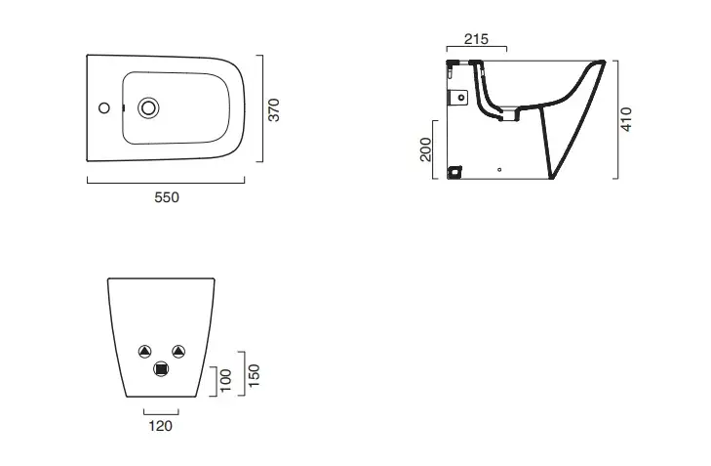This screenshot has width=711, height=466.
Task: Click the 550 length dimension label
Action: point(167,197)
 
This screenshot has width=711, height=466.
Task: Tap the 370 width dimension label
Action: point(274,107)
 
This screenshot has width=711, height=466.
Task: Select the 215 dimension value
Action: point(476,38)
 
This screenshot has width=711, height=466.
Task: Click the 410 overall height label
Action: point(626,119)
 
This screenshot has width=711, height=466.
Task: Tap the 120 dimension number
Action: point(160,425)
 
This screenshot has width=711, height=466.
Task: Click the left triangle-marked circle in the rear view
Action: point(144,351)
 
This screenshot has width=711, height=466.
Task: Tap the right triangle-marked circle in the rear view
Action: point(178,351)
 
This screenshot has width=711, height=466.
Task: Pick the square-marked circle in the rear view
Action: point(161,369)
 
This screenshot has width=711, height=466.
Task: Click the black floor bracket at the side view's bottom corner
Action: point(454,173)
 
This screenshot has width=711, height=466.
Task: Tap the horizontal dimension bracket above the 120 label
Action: point(160,411)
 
